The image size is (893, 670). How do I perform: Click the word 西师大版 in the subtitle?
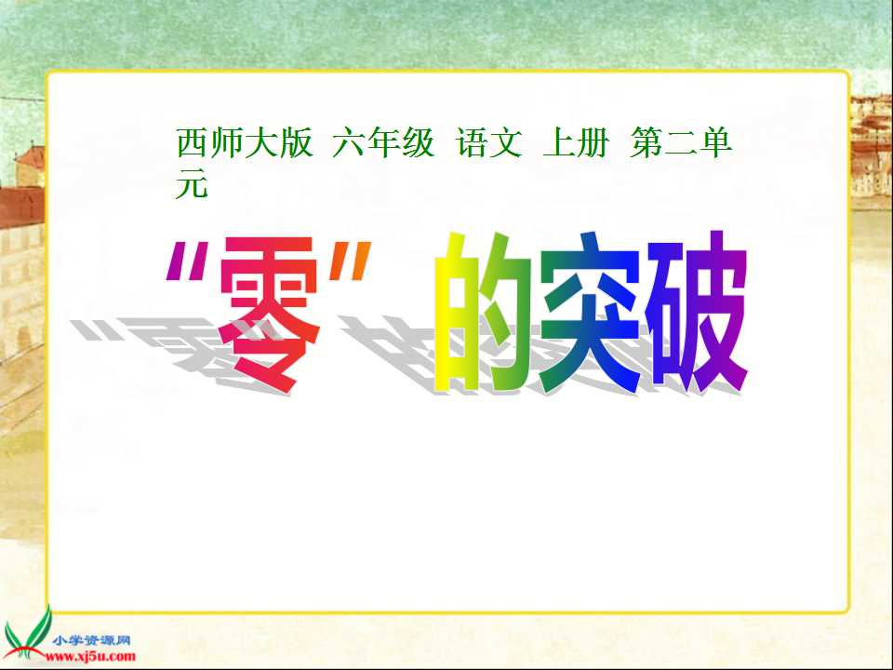coord(245,144)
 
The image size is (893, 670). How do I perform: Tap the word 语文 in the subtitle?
coord(489,144)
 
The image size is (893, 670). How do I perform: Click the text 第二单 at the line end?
coord(682,144)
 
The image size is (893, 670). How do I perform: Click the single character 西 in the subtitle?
coord(190,144)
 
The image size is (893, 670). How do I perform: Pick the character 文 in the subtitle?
coord(507,144)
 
